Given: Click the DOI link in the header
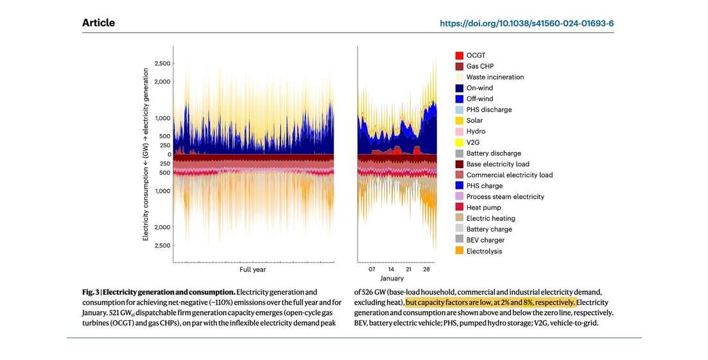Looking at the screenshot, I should click(526, 23).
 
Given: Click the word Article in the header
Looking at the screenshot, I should click(98, 23).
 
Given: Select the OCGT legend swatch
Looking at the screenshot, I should click(459, 55).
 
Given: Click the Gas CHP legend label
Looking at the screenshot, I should click(479, 66).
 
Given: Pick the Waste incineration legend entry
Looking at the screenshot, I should click(494, 77).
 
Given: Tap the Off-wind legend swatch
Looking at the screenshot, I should click(459, 99).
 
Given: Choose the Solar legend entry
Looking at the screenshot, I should click(474, 121).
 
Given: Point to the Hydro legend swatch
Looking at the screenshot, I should click(459, 132).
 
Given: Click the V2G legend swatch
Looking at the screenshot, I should click(459, 142).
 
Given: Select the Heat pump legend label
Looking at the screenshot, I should click(483, 207).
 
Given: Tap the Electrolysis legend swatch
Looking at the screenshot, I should click(459, 251).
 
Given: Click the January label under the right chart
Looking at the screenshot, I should click(392, 279).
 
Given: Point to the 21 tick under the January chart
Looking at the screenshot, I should click(408, 270).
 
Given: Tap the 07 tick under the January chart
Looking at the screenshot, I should click(372, 270).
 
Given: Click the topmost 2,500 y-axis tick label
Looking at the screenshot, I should click(162, 64).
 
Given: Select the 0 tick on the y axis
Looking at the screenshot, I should click(168, 154).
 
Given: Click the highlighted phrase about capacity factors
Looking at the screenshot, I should click(490, 302).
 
